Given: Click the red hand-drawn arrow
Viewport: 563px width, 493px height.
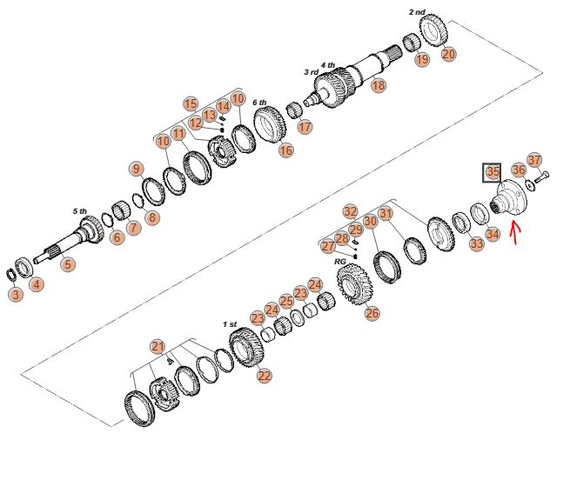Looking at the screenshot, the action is [516, 233].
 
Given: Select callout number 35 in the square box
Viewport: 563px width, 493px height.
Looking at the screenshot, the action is [492, 172].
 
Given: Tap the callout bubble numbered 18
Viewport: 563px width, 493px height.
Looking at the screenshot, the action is [379, 85].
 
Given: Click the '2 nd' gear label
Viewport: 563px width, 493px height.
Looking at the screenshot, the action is [417, 12].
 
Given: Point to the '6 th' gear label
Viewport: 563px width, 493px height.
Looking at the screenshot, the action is [259, 103].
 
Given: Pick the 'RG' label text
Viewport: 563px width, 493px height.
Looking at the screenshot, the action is [339, 262].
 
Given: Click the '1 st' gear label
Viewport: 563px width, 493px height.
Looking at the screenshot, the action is [230, 324].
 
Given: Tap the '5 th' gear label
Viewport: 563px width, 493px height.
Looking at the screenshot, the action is [80, 211].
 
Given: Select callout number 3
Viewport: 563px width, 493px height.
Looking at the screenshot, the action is [16, 295].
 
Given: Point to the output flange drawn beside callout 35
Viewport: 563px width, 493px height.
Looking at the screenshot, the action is [508, 197].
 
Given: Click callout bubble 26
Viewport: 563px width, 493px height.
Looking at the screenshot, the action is [372, 313].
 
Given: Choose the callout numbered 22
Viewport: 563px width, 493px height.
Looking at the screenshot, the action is [265, 376].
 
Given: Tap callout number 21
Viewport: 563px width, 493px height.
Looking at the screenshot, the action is [158, 347].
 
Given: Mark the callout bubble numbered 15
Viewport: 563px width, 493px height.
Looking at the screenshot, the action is [191, 104].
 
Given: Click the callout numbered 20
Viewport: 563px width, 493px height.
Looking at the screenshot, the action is [448, 54].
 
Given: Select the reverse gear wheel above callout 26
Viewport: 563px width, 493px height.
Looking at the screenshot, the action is [354, 283].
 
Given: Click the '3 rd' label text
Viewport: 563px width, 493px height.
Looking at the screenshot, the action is [311, 72].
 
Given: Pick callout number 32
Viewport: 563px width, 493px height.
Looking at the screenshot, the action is [351, 211].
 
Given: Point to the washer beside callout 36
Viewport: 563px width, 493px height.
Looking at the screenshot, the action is [529, 185].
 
